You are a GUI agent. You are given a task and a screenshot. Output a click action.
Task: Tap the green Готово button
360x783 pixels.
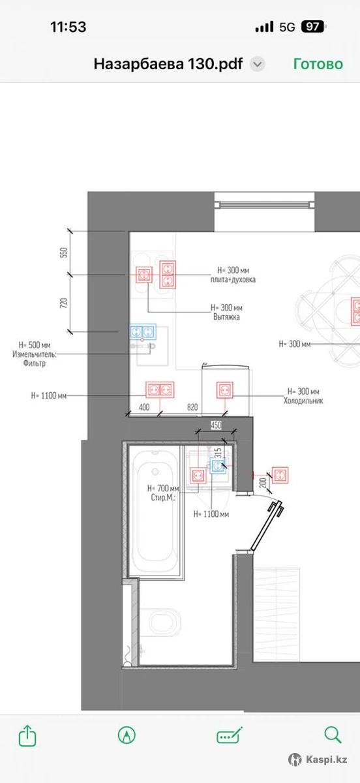click(318, 64)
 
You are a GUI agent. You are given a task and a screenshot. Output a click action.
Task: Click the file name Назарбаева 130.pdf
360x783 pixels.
click(168, 64)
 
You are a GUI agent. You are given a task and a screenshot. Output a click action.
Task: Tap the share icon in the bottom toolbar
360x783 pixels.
click(27, 735)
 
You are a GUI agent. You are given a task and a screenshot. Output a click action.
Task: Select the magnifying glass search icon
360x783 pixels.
click(333, 735)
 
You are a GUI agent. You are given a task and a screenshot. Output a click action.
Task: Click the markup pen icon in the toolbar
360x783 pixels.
click(127, 735)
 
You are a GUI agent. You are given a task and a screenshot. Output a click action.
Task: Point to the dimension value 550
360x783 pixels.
click(63, 253)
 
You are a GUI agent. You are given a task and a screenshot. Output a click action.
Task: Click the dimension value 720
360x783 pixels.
click(63, 303)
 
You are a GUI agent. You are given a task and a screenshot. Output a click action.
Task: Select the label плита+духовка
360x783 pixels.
click(233, 280)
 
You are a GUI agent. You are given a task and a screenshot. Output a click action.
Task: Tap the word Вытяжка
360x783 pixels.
click(226, 317)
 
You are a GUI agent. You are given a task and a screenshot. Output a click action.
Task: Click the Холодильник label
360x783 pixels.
click(303, 401)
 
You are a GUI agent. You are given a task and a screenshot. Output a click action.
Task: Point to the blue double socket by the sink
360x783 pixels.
click(143, 331)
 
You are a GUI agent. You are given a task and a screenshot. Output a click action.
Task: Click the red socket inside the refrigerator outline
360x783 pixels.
click(225, 390)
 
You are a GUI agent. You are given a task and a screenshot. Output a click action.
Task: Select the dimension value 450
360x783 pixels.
click(216, 425)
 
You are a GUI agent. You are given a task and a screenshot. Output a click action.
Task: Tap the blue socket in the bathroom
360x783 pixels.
click(218, 465)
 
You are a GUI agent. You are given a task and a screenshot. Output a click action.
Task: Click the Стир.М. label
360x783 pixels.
click(163, 497)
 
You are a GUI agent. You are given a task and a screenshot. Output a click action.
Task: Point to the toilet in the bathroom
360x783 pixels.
click(161, 623)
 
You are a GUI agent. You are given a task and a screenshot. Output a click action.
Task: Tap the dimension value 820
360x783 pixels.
click(192, 407)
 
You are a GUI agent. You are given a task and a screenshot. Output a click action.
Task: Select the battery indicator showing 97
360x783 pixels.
click(314, 27)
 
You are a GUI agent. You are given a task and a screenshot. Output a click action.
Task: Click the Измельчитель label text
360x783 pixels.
click(35, 354)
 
